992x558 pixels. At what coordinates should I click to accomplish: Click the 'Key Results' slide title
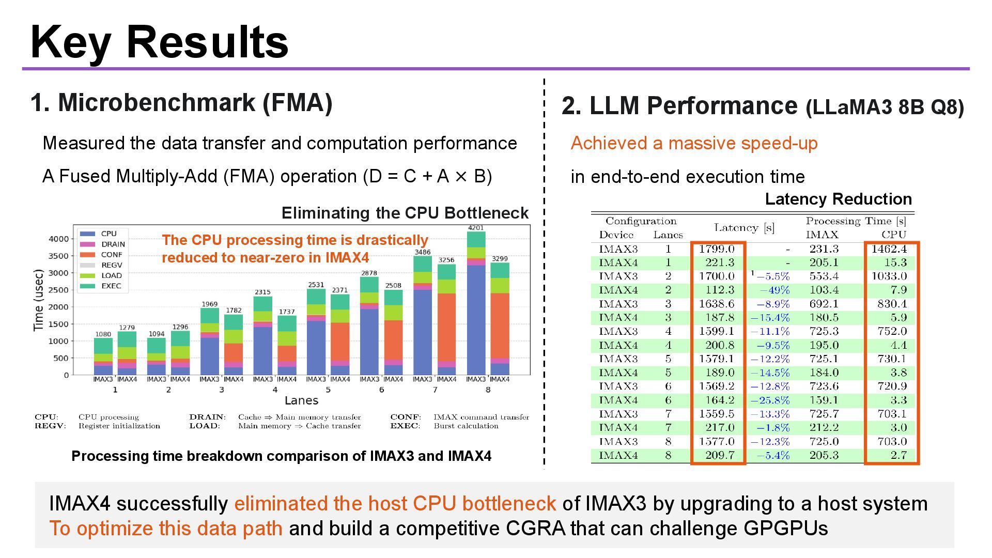point(159,42)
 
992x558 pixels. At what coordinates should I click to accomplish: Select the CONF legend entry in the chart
point(111,255)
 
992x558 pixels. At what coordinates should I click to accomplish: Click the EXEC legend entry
point(111,286)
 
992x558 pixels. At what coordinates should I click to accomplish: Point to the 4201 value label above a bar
point(476,228)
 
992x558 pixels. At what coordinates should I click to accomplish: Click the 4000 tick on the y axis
point(58,239)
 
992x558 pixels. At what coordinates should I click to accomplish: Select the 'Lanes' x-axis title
point(301,401)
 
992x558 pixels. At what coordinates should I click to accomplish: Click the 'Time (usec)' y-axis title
point(38,300)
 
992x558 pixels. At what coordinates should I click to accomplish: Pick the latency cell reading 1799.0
point(717,249)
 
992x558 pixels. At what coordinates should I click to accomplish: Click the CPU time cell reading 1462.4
point(889,249)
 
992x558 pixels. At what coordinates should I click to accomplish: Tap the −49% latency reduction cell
point(774,290)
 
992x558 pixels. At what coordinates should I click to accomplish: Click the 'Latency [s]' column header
point(744,228)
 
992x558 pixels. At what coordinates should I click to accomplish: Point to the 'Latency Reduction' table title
point(838,199)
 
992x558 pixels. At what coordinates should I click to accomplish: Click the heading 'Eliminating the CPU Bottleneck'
point(405,213)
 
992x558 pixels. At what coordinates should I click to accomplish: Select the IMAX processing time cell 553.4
point(824,276)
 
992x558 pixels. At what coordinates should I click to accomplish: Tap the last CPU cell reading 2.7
point(898,455)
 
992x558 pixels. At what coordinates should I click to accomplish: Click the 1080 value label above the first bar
point(103,334)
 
